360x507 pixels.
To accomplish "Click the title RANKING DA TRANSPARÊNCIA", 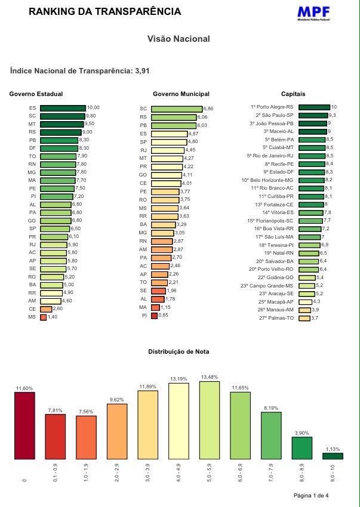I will pos(104,12).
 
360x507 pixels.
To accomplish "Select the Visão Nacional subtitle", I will pos(179,39).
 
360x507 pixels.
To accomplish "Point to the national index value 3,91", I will pos(142,71).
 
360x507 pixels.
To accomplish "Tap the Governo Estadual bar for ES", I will pos(63,108).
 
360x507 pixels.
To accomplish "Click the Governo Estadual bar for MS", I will pos(43,317).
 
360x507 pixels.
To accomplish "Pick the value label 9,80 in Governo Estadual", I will pos(91,116).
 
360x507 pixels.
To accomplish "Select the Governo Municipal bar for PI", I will pos(154,316).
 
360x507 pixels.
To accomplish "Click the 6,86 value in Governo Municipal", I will pos(208,109).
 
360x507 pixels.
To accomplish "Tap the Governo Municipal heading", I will pos(181,94).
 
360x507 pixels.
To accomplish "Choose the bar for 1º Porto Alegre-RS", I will pos(314,107).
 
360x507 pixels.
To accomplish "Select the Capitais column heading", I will pos(293,94).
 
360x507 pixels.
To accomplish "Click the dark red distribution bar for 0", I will pos(24,426).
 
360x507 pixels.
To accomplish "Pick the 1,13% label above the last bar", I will pos(333,449).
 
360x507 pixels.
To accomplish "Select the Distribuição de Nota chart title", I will pos(179,352).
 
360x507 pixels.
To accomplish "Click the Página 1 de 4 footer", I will pos(311,496).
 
